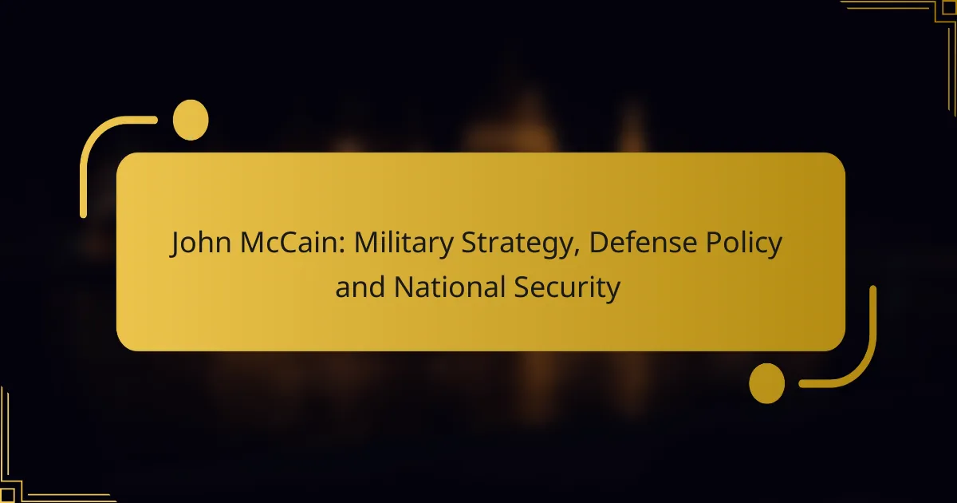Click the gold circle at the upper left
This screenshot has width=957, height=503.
[191, 120]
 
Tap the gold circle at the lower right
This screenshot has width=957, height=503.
[766, 383]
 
